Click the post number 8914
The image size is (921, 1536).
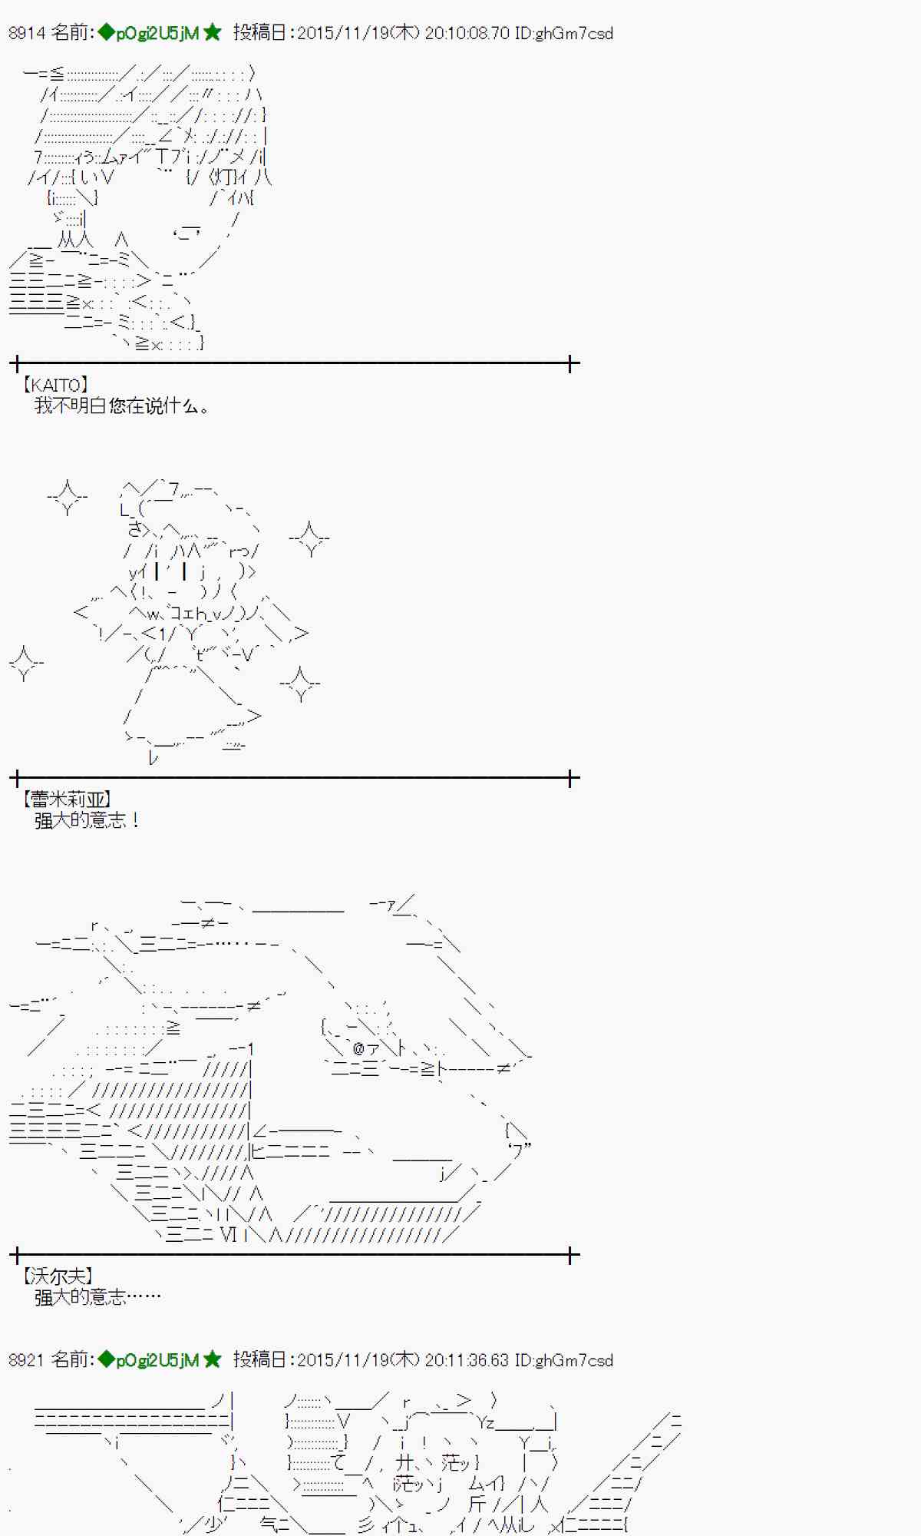click(27, 33)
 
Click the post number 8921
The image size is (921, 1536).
click(27, 1360)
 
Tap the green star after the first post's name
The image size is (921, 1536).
click(213, 32)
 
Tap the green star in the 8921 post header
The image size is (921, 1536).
click(213, 1359)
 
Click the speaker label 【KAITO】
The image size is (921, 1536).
click(55, 385)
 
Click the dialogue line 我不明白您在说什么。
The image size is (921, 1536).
click(121, 406)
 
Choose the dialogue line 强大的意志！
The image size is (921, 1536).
click(87, 820)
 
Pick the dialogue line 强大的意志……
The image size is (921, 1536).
click(97, 1297)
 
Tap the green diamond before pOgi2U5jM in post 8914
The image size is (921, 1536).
click(106, 32)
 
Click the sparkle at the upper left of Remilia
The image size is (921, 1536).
click(68, 497)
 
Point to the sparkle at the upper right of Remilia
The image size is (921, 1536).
click(310, 538)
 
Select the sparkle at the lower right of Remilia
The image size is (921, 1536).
click(300, 684)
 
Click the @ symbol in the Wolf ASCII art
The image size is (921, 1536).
click(358, 1048)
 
